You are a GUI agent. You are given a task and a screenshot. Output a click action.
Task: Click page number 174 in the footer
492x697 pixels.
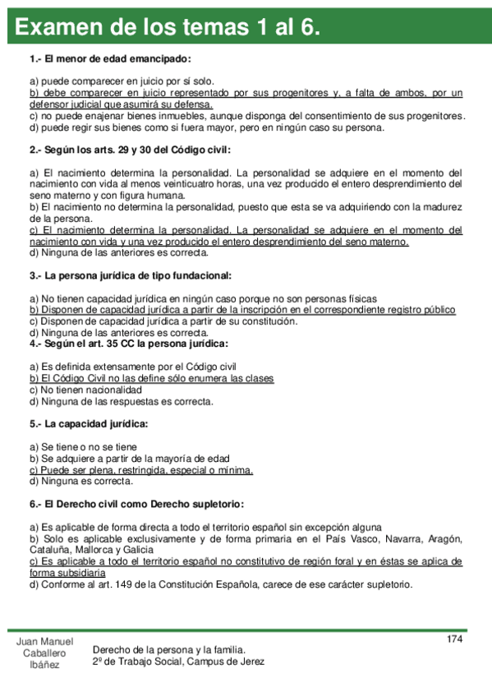click(455, 639)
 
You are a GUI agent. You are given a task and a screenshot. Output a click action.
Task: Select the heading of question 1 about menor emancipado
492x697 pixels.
click(110, 59)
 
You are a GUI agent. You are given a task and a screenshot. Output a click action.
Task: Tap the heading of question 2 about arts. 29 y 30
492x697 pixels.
click(130, 150)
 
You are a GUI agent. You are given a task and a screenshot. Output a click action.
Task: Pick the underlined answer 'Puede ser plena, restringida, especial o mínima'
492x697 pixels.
click(141, 470)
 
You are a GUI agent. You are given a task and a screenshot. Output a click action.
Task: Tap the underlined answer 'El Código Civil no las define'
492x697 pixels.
click(152, 378)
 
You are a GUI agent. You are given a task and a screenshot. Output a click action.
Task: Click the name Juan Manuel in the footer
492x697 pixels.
click(45, 641)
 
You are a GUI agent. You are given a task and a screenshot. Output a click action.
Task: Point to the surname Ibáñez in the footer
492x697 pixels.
click(45, 664)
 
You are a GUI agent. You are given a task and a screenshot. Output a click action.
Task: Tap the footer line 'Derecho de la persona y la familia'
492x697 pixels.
click(169, 649)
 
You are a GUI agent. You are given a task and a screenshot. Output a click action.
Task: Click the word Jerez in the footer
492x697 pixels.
click(251, 662)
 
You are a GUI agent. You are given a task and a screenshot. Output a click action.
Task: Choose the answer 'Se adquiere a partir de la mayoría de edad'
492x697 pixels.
click(130, 458)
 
